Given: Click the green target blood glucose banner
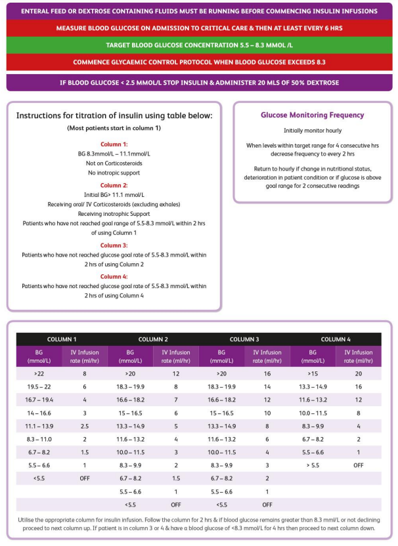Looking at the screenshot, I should tap(198, 45).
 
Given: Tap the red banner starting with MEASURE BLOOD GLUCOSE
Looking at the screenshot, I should tap(198, 29).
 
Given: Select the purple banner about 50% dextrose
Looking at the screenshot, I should tap(198, 83).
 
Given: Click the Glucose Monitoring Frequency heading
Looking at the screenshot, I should tap(312, 115).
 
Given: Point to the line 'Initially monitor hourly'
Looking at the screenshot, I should tap(312, 131).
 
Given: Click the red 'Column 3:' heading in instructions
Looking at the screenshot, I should tap(114, 244).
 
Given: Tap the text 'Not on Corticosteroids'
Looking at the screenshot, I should tap(114, 162).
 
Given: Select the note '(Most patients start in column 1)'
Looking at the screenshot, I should tap(114, 128).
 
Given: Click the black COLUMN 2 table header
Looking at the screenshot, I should tap(153, 339).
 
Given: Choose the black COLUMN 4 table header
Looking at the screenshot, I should tap(336, 339).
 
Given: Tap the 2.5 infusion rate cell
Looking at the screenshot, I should tap(84, 426).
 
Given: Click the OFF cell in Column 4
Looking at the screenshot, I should tap(358, 465).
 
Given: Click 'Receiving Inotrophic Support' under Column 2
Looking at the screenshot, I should tap(114, 213).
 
